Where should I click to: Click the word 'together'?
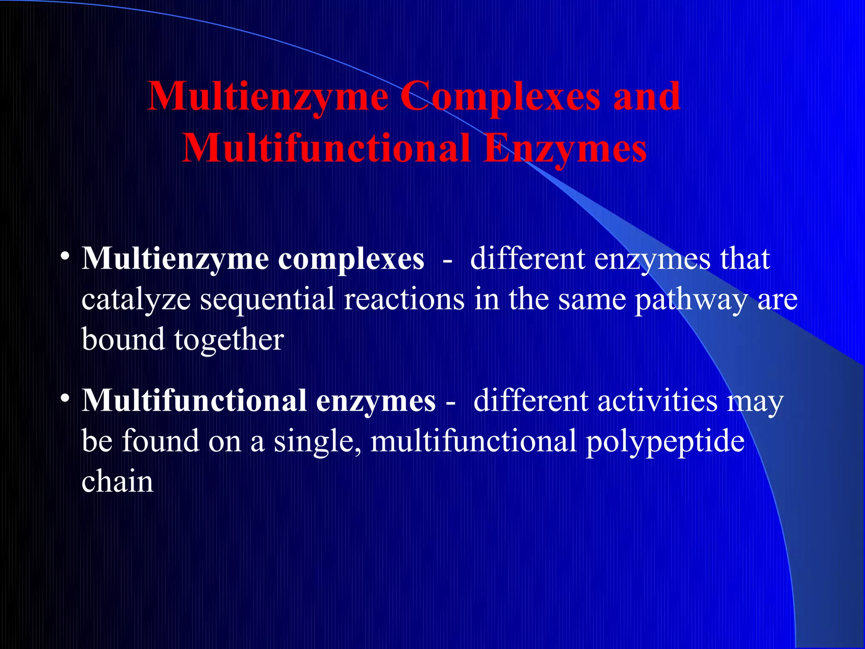tap(229, 340)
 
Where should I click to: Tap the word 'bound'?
tap(123, 340)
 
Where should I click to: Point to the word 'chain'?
tap(117, 482)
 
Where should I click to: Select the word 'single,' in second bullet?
tap(317, 442)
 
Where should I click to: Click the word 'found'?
tap(160, 442)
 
